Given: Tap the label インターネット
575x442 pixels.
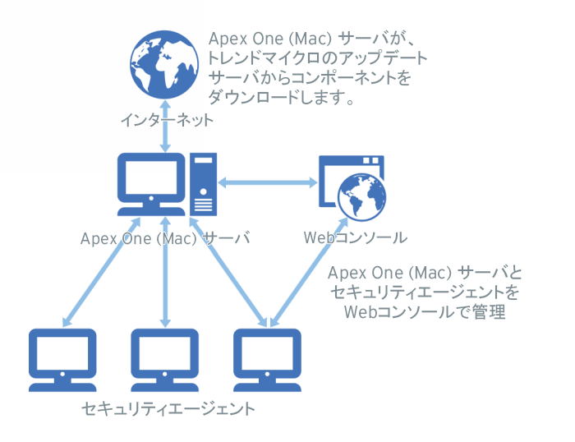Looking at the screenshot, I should pos(166,121).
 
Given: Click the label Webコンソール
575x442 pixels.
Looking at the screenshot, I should pos(355,238).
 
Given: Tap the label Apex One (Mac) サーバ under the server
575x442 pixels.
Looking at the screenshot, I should pos(164,238).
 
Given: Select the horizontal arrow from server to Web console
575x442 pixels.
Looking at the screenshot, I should pos(268,182).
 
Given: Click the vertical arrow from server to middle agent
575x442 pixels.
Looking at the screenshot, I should pos(165,271).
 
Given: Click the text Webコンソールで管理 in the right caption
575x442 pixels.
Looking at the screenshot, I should pos(423,312).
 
